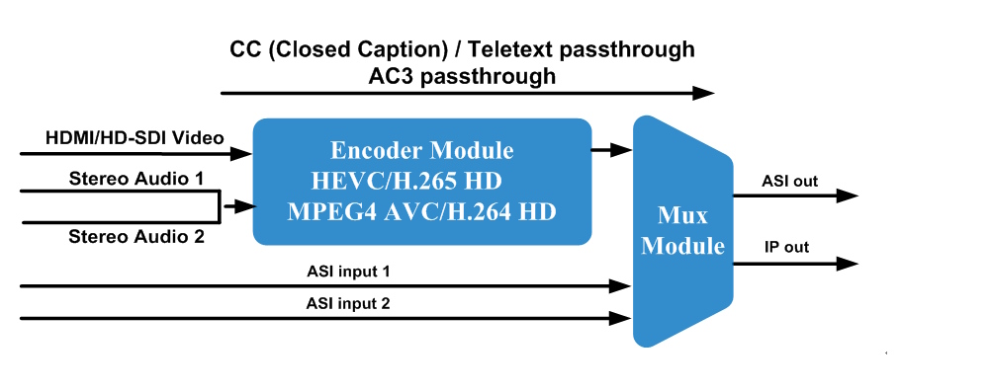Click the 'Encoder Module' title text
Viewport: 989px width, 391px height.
click(x=422, y=151)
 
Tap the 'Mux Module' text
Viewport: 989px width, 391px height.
click(x=682, y=230)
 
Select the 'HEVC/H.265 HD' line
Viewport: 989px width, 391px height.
click(x=406, y=182)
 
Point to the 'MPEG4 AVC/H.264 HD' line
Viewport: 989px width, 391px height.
click(x=421, y=211)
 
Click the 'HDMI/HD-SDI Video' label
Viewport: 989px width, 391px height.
click(x=135, y=138)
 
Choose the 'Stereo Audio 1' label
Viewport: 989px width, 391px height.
click(x=136, y=178)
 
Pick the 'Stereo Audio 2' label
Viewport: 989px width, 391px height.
click(x=136, y=237)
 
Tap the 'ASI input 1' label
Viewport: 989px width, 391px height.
click(x=348, y=272)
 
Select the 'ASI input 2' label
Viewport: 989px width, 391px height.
click(x=348, y=304)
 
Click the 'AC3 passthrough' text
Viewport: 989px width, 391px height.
click(x=462, y=76)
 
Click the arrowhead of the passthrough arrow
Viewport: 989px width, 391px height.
click(x=702, y=93)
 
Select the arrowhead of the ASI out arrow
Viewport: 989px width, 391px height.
click(x=848, y=195)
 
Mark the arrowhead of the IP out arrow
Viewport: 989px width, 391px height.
click(x=848, y=264)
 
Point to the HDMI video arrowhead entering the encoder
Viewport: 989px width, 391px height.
click(x=240, y=153)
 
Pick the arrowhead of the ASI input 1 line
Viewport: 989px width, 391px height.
click(x=621, y=286)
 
